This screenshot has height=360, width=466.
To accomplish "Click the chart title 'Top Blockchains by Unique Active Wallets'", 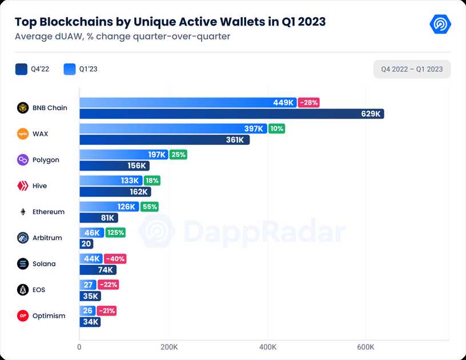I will pyautogui.click(x=170, y=22).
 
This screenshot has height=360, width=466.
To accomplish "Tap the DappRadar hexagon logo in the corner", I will pyautogui.click(x=440, y=24).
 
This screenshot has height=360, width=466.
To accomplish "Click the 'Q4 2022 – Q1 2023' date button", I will pyautogui.click(x=412, y=70).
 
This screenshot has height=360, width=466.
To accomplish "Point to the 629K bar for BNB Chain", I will pyautogui.click(x=231, y=114).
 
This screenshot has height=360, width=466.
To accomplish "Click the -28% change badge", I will pyautogui.click(x=309, y=103).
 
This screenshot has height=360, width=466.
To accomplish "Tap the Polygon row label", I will pyautogui.click(x=46, y=160).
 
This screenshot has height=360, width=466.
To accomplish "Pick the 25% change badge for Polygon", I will pyautogui.click(x=178, y=155).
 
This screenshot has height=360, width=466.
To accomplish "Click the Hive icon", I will pyautogui.click(x=23, y=186).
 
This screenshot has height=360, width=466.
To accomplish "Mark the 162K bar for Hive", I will pyautogui.click(x=115, y=192).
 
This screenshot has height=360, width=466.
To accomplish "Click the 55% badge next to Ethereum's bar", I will pyautogui.click(x=150, y=207).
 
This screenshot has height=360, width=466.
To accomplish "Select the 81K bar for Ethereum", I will pyautogui.click(x=98, y=218).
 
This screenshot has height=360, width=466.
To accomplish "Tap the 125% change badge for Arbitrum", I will pyautogui.click(x=115, y=233).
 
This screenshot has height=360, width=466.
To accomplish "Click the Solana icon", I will pyautogui.click(x=23, y=264).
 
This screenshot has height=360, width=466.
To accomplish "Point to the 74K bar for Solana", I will pyautogui.click(x=98, y=270).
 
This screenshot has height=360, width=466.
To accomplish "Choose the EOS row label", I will pyautogui.click(x=40, y=290).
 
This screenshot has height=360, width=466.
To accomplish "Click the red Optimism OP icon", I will pyautogui.click(x=23, y=315).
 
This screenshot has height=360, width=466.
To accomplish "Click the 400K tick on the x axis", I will pyautogui.click(x=268, y=347).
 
